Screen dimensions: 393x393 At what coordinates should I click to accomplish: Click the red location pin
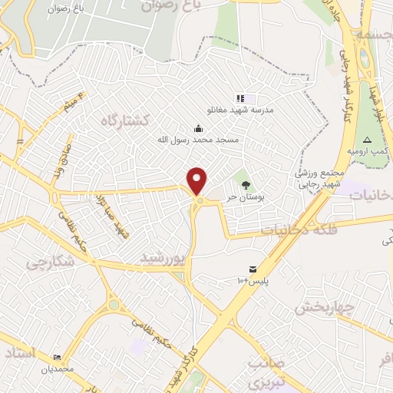coord(198,180)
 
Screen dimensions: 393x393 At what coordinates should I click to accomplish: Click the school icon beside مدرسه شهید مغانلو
coord(239,98)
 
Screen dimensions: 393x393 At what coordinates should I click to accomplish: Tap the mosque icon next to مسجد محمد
coord(199,127)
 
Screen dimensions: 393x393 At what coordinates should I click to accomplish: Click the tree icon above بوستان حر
coord(246,185)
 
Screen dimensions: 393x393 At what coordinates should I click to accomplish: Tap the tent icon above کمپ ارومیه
coord(367,140)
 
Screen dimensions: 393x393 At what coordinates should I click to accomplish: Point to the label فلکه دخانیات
coord(299,229)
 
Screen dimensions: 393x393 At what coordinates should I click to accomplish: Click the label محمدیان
coord(58,368)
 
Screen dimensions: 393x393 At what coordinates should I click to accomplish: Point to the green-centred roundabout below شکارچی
coord(114,305)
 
